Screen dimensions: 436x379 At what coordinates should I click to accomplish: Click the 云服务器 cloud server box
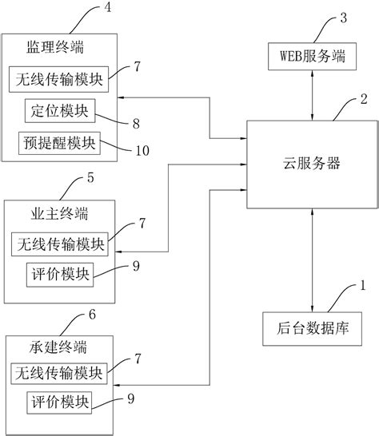click(311, 164)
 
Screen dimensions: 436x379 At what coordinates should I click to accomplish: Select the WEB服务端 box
click(311, 57)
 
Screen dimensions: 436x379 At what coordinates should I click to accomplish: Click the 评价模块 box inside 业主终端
click(59, 275)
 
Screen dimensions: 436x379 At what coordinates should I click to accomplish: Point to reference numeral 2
click(365, 101)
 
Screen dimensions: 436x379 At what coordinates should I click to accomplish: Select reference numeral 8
click(136, 125)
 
